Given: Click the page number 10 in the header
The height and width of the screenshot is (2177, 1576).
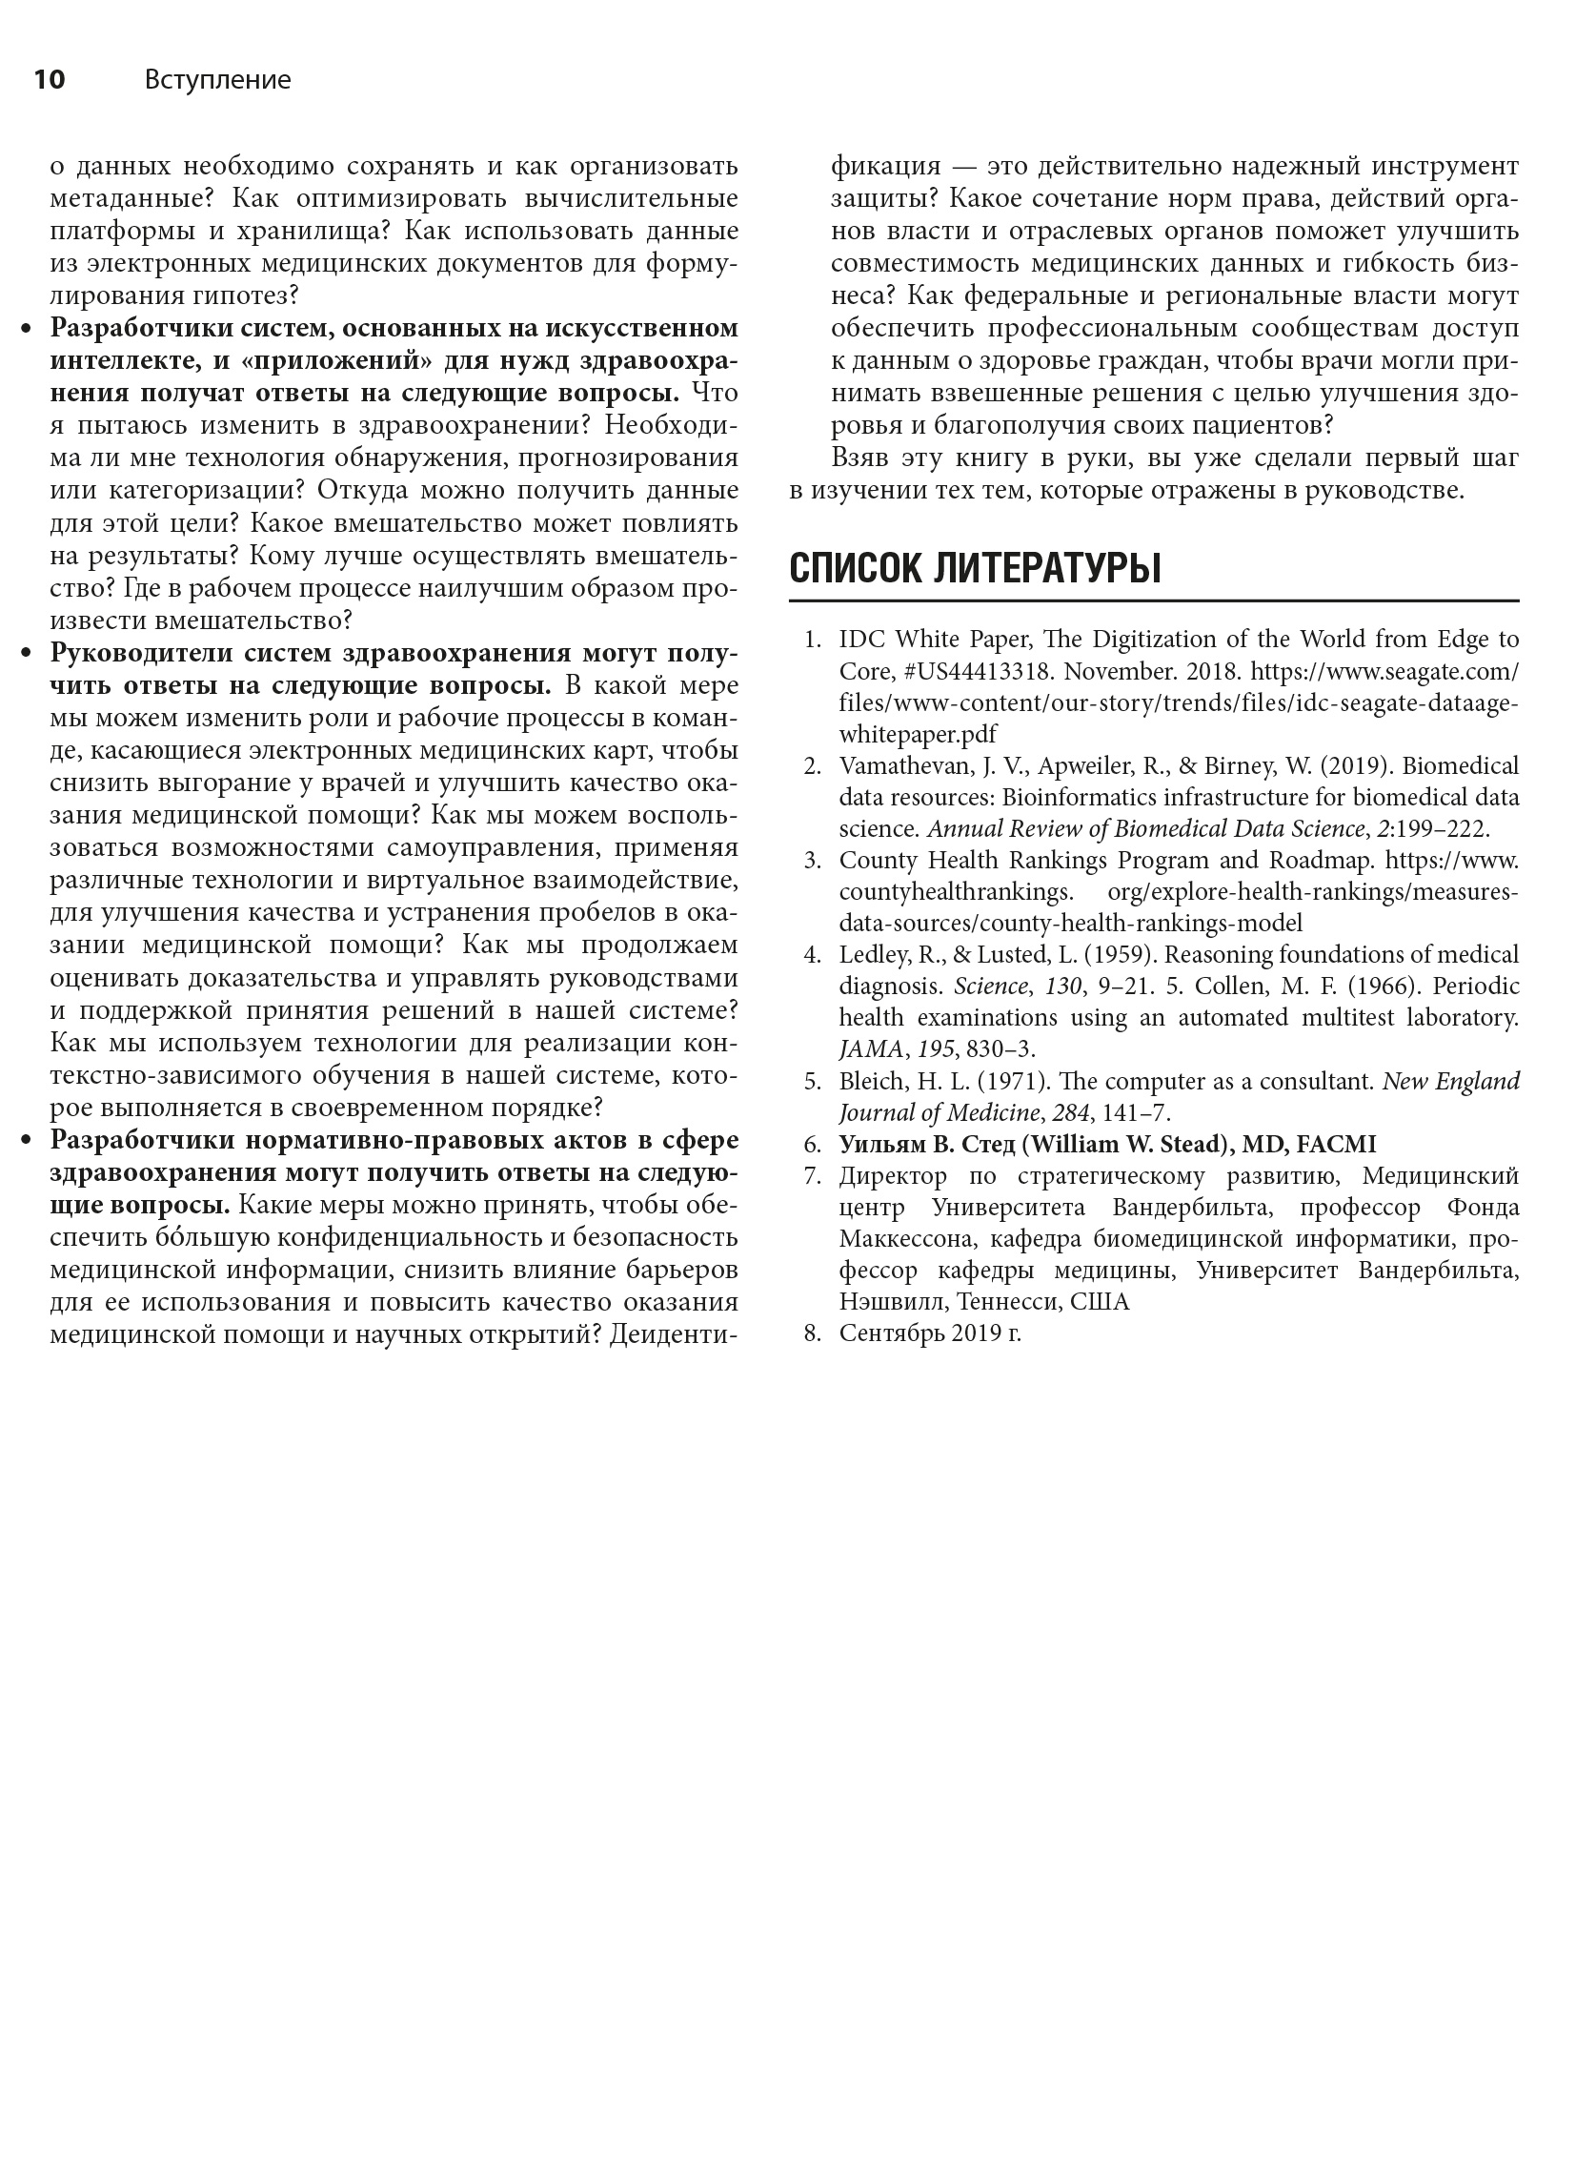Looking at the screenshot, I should [x=49, y=80].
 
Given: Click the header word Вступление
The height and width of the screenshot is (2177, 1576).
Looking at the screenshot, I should [x=217, y=80].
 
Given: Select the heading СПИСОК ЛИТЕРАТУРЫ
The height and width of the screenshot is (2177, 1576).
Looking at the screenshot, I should [x=974, y=569].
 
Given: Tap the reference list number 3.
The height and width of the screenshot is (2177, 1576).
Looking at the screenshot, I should [x=812, y=860].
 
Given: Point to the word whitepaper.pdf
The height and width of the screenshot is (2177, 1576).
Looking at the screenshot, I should [x=918, y=734].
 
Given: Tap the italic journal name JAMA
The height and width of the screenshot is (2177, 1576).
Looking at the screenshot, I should [x=871, y=1049].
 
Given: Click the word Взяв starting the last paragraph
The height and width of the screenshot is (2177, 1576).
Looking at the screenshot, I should [x=861, y=458].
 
